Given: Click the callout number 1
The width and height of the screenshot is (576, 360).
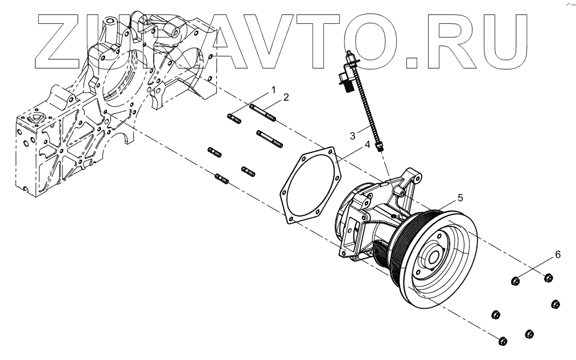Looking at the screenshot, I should pos(273,90).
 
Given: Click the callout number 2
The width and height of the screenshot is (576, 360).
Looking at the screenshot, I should pos(286,97).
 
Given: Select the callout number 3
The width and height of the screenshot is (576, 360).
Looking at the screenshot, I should pos(353,135).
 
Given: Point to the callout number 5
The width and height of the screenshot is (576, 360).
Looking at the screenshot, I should pos(460,198).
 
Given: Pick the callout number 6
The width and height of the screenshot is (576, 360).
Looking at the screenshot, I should pos(558,255).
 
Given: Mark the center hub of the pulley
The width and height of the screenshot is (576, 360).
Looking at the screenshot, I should pos(435,256).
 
